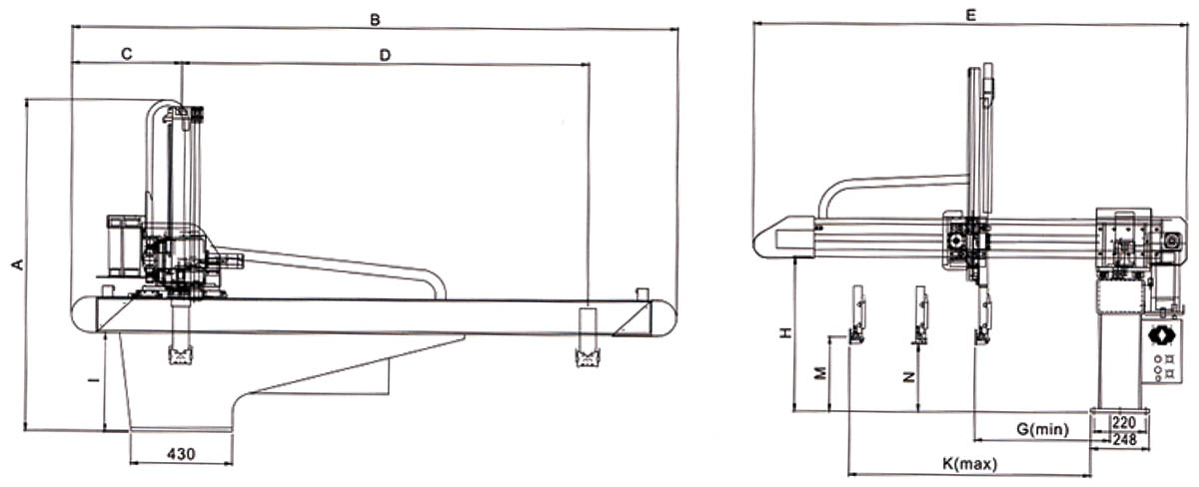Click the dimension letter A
point(19,264)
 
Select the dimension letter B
point(376,20)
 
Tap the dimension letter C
point(127,54)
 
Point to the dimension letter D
point(385,55)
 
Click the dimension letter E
point(970,15)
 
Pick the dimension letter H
point(785,333)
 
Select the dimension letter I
point(95,380)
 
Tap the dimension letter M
point(819,373)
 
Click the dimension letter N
point(909,377)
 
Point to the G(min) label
point(1042,429)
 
